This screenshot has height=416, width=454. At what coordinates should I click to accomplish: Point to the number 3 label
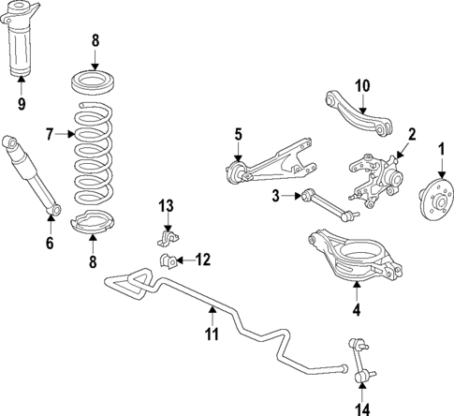pyautogui.click(x=276, y=196)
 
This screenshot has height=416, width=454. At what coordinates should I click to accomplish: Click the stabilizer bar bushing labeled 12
pyautogui.click(x=168, y=259)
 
